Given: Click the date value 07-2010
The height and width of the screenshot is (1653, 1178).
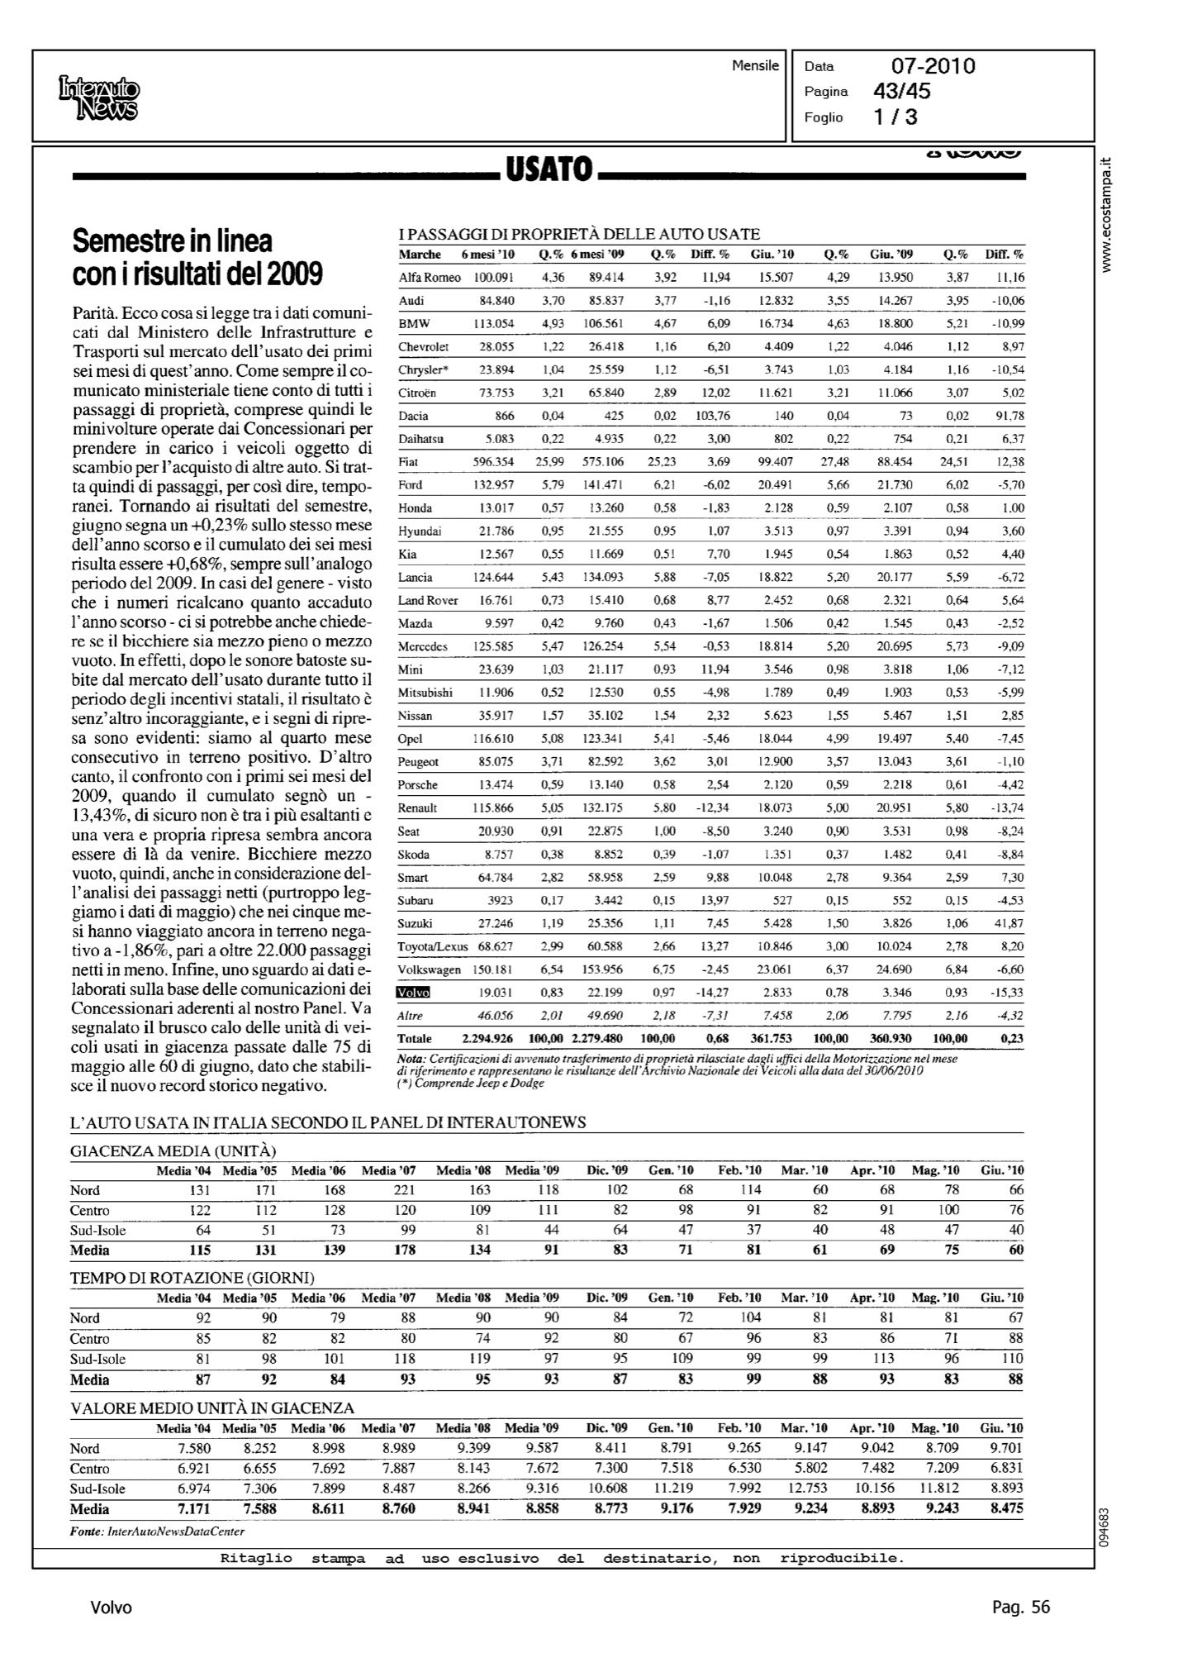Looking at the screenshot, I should pos(933,66).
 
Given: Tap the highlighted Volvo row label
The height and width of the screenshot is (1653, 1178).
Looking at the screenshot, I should pos(414,993).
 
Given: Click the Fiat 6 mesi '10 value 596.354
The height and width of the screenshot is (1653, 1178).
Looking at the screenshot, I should pos(493,462).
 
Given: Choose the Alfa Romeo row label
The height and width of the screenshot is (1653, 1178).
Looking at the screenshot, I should pos(430,278).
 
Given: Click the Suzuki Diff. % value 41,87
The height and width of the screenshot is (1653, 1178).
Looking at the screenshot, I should pos(1008,923).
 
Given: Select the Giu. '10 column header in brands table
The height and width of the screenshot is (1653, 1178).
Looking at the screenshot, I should pos(772,255).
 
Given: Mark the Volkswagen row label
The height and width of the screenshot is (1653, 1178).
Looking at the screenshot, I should pos(429,969).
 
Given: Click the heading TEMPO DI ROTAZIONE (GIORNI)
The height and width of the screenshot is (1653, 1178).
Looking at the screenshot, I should pos(192,1279).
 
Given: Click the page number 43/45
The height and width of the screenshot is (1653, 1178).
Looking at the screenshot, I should pos(901,92).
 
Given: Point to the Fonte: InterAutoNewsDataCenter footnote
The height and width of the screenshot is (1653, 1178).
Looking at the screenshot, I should pos(157,1532).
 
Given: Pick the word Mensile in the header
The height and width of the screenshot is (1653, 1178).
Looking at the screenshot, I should pos(755,66).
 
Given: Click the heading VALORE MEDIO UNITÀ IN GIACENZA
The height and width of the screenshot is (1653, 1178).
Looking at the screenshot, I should pos(212,1408).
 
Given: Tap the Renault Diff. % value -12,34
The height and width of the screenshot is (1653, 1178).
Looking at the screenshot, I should pos(711,808).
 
